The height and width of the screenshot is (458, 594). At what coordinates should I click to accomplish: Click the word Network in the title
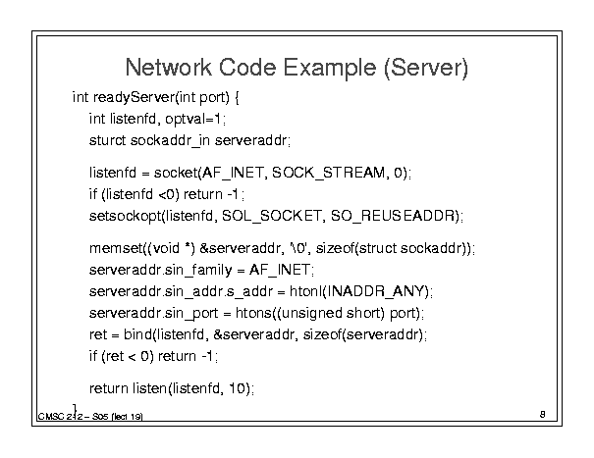(168, 68)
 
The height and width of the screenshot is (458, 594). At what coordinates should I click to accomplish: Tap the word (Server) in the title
(426, 68)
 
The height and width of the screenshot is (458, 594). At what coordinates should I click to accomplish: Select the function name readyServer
(134, 98)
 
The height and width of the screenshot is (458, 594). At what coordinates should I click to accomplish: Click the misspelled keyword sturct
(107, 140)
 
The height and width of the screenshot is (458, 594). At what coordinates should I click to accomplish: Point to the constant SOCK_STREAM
(329, 173)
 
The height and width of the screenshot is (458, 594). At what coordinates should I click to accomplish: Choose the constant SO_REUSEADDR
(393, 216)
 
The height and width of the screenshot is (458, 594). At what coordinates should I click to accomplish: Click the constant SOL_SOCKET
(271, 216)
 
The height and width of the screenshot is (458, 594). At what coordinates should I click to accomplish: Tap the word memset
(116, 248)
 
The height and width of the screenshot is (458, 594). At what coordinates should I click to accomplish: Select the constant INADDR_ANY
(376, 291)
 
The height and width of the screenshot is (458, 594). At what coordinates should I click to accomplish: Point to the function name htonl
(305, 291)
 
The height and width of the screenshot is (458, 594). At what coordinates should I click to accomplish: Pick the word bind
(137, 334)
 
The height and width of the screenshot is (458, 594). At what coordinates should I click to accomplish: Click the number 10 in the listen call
(238, 388)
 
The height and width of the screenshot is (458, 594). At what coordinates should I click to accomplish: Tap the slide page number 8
(543, 415)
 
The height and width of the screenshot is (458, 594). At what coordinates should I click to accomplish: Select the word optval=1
(192, 120)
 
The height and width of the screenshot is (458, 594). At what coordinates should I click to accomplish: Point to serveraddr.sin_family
(161, 271)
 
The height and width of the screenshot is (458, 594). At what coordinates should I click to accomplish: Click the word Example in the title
(330, 68)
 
